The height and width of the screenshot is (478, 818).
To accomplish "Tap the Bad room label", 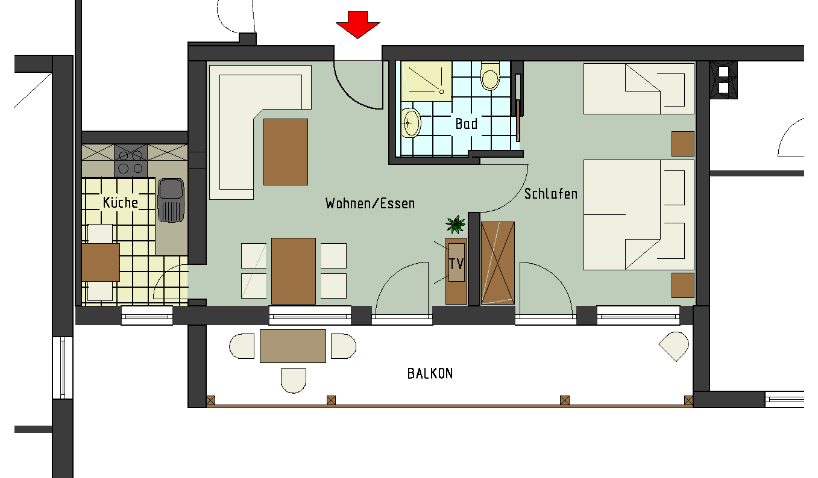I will [466, 124].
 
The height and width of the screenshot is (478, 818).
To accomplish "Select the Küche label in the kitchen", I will [121, 202].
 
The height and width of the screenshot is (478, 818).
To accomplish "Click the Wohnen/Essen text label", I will [370, 203].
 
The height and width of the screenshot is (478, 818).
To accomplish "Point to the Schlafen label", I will [550, 194].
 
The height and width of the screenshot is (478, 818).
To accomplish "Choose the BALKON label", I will [430, 374].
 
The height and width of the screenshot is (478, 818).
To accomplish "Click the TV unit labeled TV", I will [456, 263].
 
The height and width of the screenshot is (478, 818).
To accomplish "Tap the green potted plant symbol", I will [456, 225].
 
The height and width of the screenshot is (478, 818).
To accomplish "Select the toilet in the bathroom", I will [490, 77].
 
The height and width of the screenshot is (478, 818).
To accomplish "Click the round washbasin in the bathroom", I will [412, 123].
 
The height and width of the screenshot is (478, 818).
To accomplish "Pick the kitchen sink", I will [171, 200].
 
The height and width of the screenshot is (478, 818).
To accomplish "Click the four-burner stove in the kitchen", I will [131, 161].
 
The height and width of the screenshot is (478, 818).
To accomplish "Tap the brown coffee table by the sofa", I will [286, 152].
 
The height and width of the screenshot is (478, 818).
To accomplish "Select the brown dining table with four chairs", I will [294, 271].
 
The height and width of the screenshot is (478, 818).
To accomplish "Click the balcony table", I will [293, 346].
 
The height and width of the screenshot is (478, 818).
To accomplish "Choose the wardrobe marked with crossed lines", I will [498, 263].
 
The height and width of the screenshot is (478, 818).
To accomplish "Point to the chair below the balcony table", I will [294, 380].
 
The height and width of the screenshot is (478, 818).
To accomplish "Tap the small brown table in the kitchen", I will [101, 262].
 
